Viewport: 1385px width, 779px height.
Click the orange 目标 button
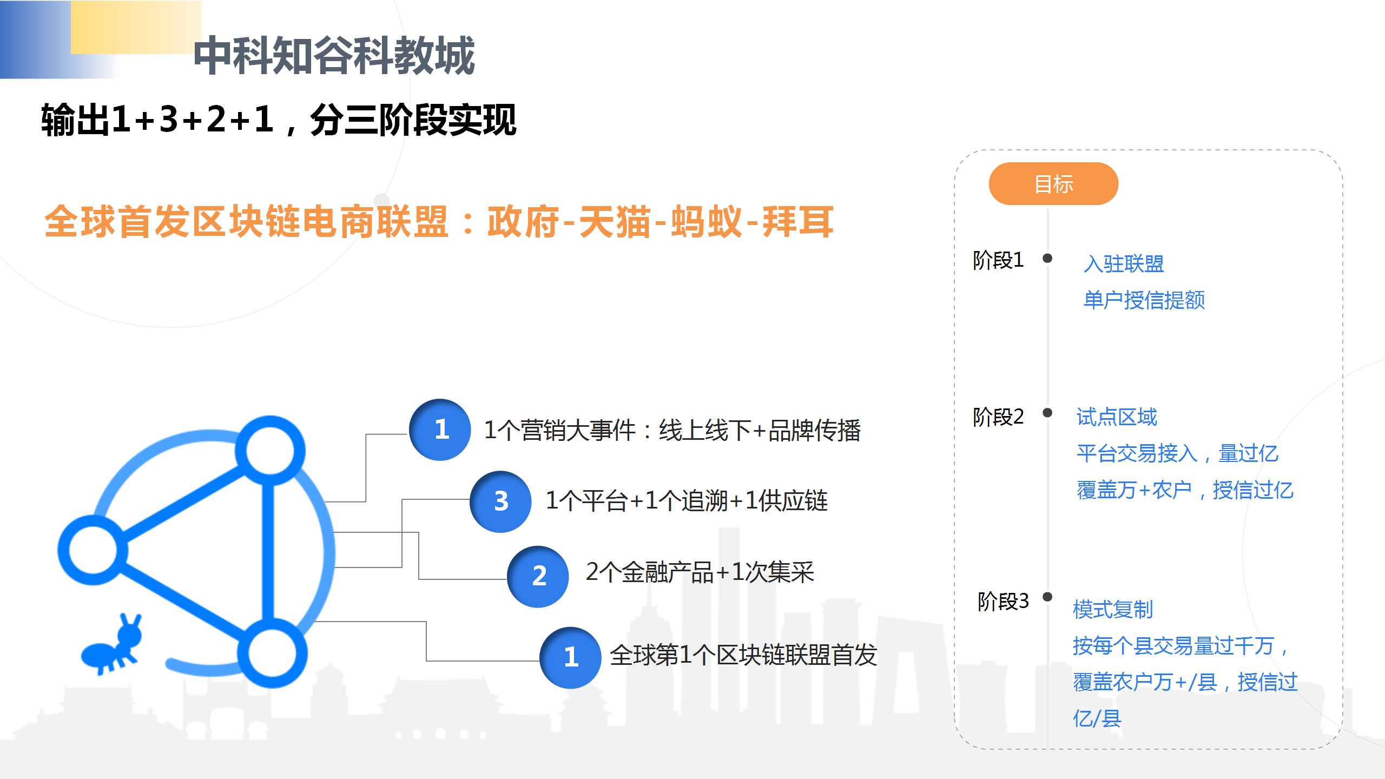click(1053, 184)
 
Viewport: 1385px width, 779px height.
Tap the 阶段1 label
click(998, 260)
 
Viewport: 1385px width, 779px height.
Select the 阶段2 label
click(998, 417)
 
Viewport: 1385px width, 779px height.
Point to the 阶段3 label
click(1003, 601)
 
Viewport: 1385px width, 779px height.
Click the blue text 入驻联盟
click(1124, 264)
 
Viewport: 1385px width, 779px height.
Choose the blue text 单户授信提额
click(1144, 300)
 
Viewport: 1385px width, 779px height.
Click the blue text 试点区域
click(1117, 417)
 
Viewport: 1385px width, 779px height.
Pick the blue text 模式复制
click(1113, 610)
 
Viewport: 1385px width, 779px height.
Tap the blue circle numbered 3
click(500, 501)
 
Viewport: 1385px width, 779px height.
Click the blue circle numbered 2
click(538, 576)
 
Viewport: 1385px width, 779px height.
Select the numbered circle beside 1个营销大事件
click(440, 430)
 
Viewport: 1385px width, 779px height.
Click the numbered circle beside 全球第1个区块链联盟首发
click(570, 657)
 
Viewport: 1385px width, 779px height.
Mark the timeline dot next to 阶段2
click(1047, 413)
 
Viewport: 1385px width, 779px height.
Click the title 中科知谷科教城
click(334, 55)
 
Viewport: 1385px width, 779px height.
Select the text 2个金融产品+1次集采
click(700, 572)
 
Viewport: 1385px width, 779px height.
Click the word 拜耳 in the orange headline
click(798, 222)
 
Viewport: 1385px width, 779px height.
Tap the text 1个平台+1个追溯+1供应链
click(687, 500)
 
